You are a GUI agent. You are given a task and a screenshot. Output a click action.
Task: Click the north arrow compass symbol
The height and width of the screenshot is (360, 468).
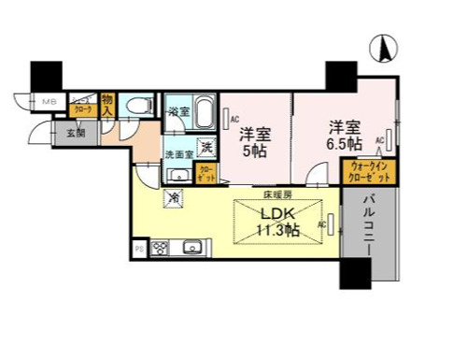tap(383, 47)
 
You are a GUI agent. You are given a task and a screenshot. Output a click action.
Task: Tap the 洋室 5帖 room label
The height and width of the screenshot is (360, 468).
tap(253, 141)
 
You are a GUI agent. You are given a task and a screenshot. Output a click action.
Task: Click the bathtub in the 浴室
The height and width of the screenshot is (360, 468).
tap(206, 117)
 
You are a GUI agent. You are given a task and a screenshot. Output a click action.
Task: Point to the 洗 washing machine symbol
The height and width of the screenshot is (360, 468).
tap(206, 146)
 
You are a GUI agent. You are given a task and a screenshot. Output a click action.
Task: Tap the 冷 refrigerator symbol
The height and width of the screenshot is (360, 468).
tap(175, 197)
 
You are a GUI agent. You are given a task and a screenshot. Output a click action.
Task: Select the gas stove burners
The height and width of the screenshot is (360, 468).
tap(160, 248)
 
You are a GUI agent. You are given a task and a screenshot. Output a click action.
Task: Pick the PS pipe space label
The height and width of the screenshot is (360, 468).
tap(139, 249)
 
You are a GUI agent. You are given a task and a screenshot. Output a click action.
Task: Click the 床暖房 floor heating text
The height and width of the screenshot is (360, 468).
tap(277, 194)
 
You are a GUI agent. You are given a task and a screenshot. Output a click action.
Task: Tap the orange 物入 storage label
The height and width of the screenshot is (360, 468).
tap(108, 103)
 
